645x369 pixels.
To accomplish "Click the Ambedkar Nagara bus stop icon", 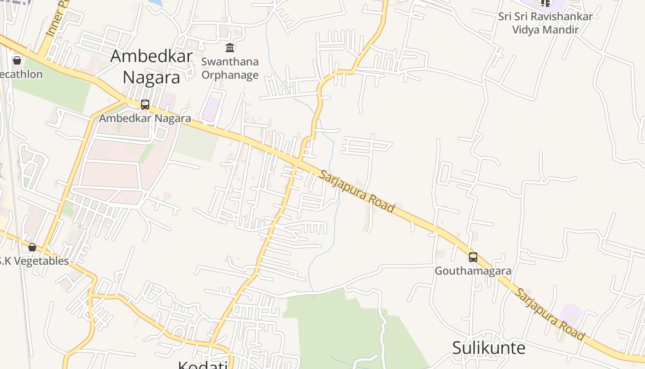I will tap(145, 105).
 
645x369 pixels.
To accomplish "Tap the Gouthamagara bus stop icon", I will tap(473, 257).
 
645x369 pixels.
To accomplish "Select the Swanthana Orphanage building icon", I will tap(230, 48).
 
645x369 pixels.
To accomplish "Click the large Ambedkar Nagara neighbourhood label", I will tap(151, 66).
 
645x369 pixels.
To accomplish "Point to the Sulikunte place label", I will tap(488, 348).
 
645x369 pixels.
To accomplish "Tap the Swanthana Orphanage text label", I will tap(230, 68).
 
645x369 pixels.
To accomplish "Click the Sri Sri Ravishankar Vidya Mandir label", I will tap(545, 23).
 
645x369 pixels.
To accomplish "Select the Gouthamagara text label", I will tap(473, 271).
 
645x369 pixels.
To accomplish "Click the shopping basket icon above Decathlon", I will tap(17, 60).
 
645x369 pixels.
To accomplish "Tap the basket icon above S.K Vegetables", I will tap(32, 247).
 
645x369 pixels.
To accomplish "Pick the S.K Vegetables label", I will tap(34, 261).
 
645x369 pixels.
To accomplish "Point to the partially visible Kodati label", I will tap(203, 365).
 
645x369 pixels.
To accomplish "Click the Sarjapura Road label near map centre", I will tap(357, 191).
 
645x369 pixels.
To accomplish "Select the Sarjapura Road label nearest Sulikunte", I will tap(550, 315).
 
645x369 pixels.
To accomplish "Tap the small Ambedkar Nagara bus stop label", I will tap(145, 118).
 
